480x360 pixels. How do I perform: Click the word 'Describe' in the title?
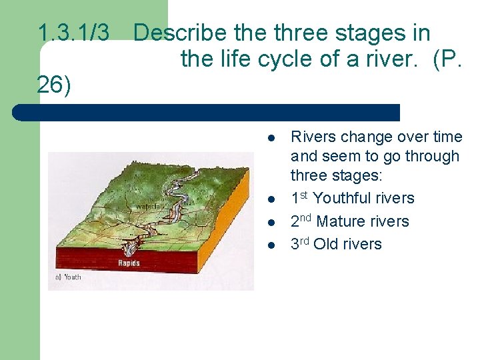click(x=176, y=33)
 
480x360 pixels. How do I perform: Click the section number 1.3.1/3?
click(x=73, y=33)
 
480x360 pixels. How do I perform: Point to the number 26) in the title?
click(x=55, y=86)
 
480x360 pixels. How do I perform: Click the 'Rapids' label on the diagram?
click(x=129, y=263)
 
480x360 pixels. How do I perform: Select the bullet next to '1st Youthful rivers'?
click(x=271, y=199)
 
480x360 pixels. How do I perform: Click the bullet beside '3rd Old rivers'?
click(x=271, y=244)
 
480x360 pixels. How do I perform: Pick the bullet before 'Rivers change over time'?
click(x=271, y=137)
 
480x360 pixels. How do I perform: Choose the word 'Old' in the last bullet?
click(x=326, y=244)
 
